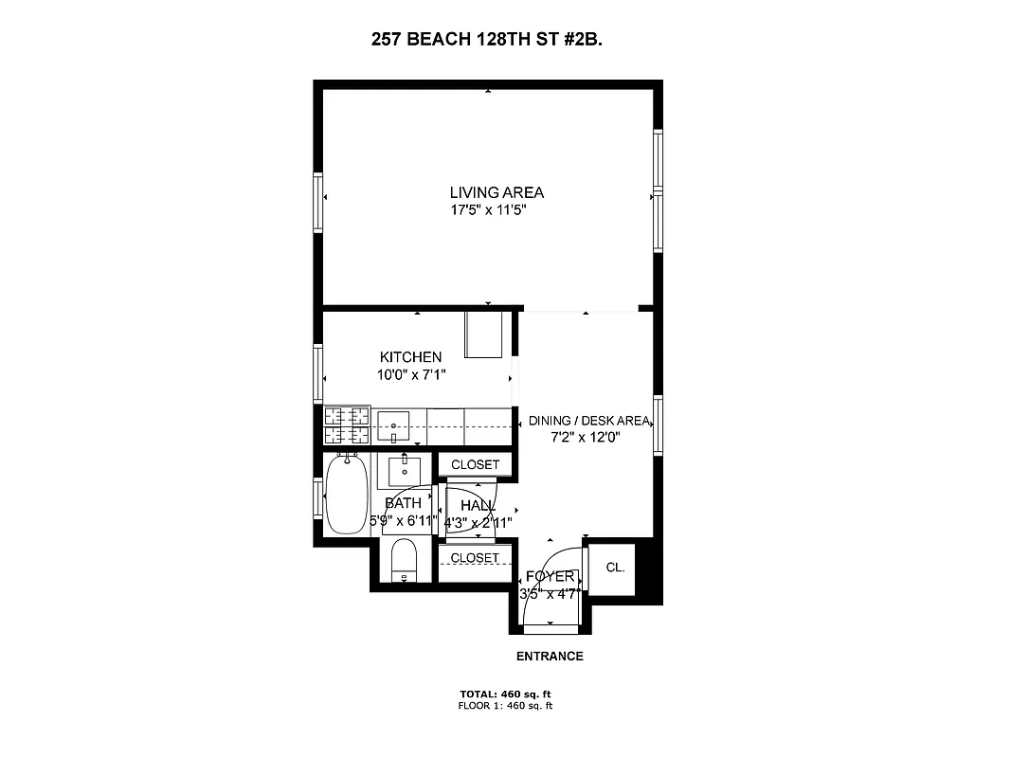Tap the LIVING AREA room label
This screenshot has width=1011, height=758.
[496, 192]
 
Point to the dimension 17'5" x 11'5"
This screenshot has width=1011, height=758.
[488, 210]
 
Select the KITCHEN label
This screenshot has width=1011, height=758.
[410, 357]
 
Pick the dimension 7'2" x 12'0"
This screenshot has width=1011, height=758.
[585, 438]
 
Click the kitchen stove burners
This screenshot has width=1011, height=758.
[346, 425]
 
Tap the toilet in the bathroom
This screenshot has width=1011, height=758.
[405, 562]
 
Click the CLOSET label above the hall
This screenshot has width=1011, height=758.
[475, 465]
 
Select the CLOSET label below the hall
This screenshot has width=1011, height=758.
[475, 558]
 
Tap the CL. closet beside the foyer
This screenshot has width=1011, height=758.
[615, 568]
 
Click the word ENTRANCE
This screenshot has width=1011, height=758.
[550, 657]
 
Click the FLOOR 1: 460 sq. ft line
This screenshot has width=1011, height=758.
[505, 706]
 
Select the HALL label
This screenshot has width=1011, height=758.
[478, 506]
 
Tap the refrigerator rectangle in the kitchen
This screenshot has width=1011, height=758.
[483, 334]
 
